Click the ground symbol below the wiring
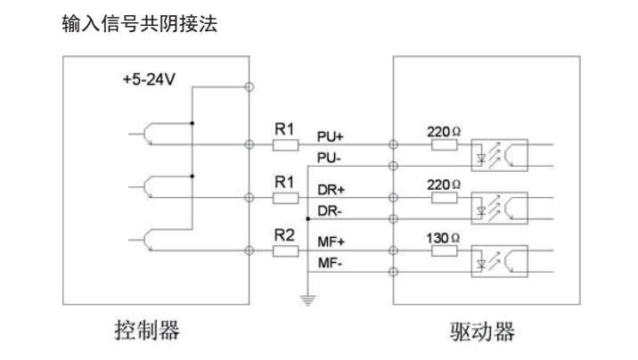pyautogui.click(x=307, y=301)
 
